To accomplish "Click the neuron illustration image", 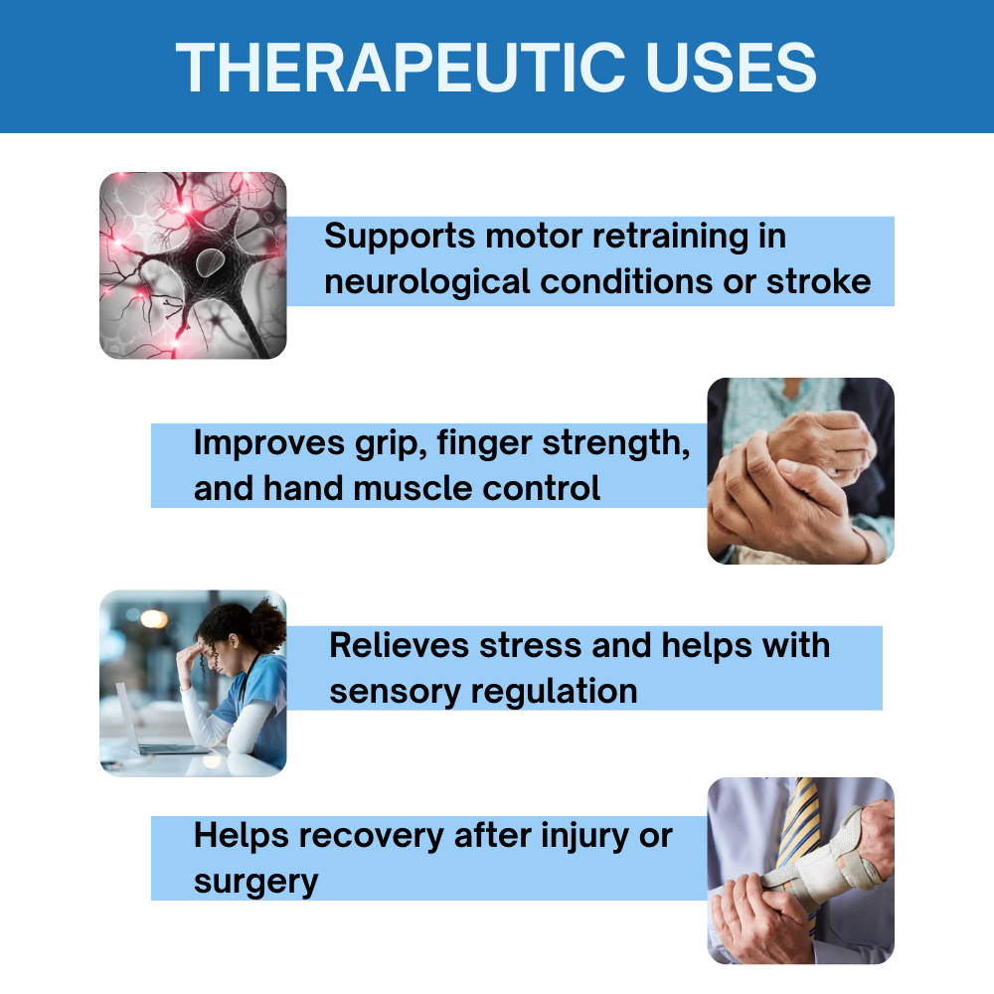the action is tap(193, 265).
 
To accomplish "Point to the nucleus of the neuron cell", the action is tap(209, 261).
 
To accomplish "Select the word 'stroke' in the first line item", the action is tap(818, 281).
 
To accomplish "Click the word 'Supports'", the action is tap(400, 238).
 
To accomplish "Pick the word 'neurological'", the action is tap(426, 282).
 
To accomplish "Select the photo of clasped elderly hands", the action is tap(800, 470).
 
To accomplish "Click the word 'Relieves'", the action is tap(400, 645).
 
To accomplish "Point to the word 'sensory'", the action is tap(395, 692).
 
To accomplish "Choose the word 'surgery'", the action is tap(256, 883).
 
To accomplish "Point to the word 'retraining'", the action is tap(670, 238).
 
